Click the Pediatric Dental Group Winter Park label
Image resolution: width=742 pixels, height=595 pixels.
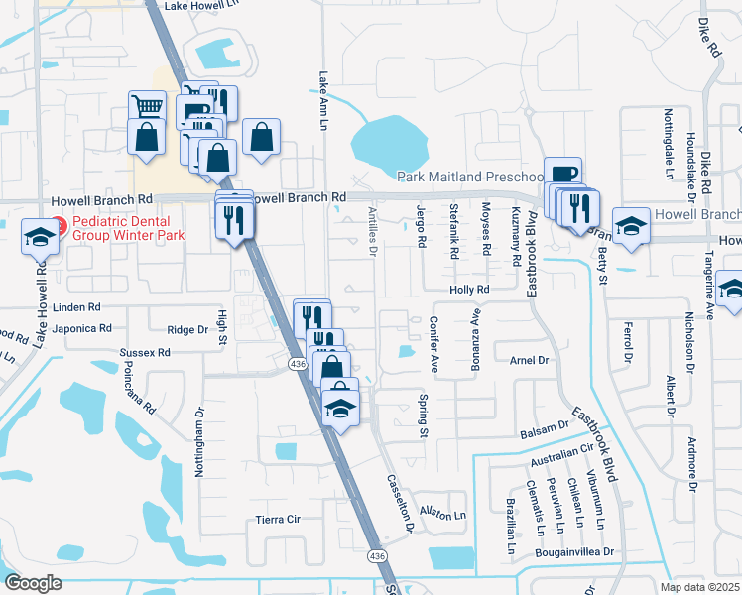point(121,229)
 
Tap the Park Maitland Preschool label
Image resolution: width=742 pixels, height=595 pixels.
point(468,177)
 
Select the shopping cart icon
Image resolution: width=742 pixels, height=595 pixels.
point(147,106)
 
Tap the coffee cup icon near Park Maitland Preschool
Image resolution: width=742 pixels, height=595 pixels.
point(562,173)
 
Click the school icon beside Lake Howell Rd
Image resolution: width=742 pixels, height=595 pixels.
point(41,236)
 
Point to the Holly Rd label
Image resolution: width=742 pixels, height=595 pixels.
point(470,290)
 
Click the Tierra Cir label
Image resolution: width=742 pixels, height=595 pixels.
point(278,519)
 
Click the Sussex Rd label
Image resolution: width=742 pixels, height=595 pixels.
point(145,352)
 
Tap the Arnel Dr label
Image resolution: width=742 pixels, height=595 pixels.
point(529,360)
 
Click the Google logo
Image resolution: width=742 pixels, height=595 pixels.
point(33,583)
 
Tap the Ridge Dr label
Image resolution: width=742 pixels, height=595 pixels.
point(188,330)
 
